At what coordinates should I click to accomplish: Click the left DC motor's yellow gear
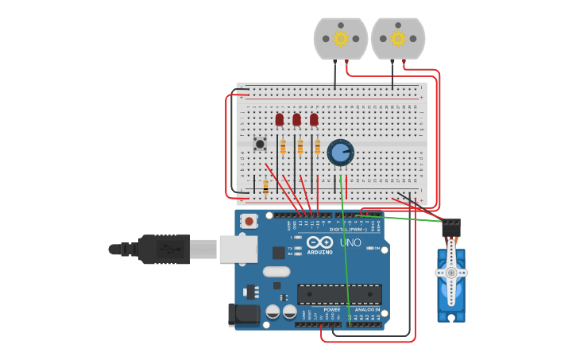click(341, 38)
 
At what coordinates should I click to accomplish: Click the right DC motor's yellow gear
click(397, 38)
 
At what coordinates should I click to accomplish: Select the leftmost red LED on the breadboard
click(279, 120)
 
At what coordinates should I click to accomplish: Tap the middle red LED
click(296, 120)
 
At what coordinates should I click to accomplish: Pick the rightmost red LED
click(314, 120)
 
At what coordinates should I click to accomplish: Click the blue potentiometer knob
click(340, 152)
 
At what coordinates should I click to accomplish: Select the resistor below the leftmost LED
click(283, 146)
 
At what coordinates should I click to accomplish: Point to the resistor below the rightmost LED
click(318, 146)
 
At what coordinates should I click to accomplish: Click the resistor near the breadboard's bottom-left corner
click(265, 186)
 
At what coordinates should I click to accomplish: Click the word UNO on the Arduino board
click(350, 242)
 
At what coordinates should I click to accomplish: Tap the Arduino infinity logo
click(319, 242)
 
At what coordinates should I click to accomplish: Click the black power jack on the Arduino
click(243, 315)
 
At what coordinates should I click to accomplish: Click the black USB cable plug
click(164, 249)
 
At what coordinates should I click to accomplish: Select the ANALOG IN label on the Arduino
click(366, 309)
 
